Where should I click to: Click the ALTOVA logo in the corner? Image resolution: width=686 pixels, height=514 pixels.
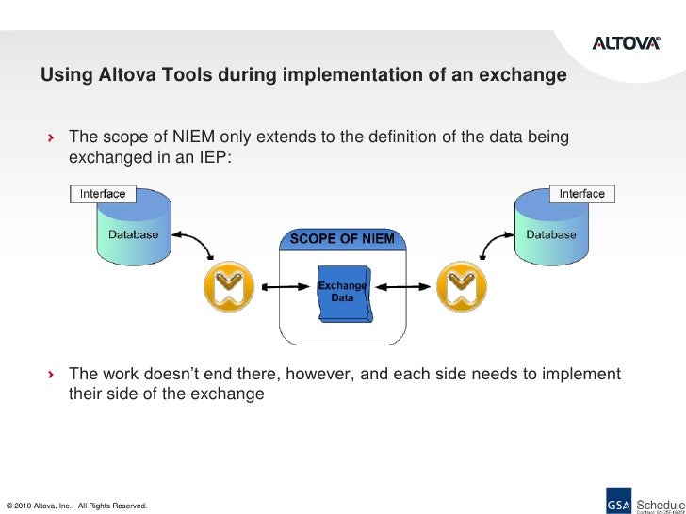pos(626,41)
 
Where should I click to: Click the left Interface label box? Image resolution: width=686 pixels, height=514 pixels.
pos(103,194)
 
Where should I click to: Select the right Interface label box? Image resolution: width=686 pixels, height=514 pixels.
pos(581,194)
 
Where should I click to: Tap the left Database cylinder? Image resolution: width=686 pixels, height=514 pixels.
pos(132,231)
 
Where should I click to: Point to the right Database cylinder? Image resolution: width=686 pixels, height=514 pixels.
pos(550,231)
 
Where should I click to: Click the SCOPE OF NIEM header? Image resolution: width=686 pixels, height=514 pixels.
pos(342,238)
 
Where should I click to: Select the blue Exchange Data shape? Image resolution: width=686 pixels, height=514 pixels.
pos(341,291)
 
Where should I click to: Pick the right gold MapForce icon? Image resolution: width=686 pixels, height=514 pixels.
pos(460,282)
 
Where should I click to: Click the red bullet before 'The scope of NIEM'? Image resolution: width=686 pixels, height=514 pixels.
pos(52,138)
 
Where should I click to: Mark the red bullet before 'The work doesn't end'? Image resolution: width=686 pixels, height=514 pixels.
pos(52,376)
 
